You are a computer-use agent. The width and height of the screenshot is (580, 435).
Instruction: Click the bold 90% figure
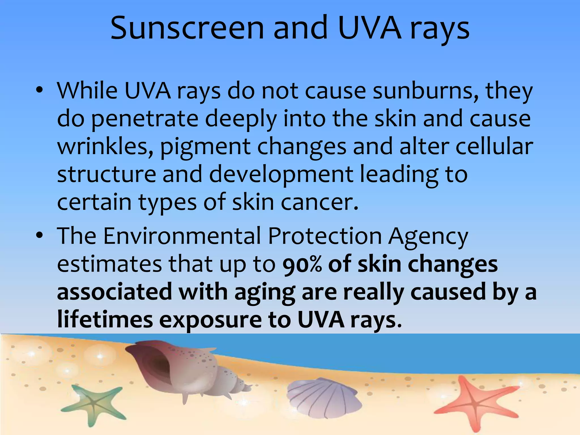(302, 264)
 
